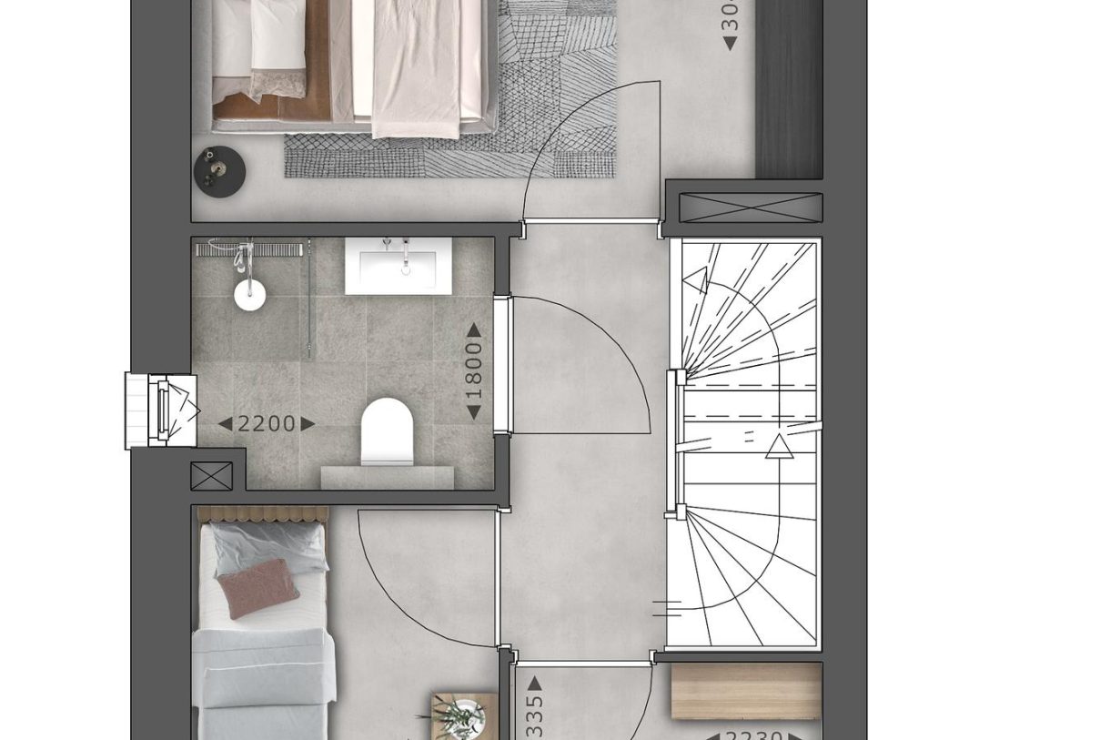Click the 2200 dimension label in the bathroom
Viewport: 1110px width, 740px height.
(x=267, y=423)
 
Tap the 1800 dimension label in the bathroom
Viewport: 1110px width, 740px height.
(x=474, y=371)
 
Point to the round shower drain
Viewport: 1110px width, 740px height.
(x=249, y=294)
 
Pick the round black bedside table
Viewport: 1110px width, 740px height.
(x=219, y=171)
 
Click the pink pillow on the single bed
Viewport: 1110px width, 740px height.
(x=257, y=587)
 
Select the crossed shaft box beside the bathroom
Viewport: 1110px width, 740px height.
(x=211, y=476)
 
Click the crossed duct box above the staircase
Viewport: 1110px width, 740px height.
(x=751, y=208)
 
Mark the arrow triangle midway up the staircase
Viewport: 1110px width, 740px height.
(x=779, y=446)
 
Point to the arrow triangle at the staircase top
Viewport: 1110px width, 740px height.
(x=696, y=281)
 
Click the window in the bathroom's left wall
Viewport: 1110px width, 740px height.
(x=161, y=411)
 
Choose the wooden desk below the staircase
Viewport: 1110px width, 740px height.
(x=746, y=691)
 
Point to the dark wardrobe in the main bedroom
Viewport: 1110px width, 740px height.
(x=789, y=91)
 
